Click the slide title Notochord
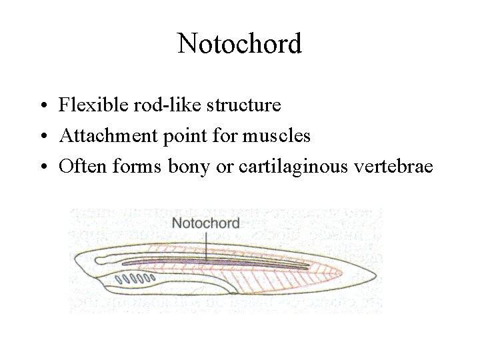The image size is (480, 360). point(240,44)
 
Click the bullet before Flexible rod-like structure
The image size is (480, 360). point(42,106)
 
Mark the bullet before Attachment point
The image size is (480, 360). point(42,137)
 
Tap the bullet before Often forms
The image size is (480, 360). point(42,168)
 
